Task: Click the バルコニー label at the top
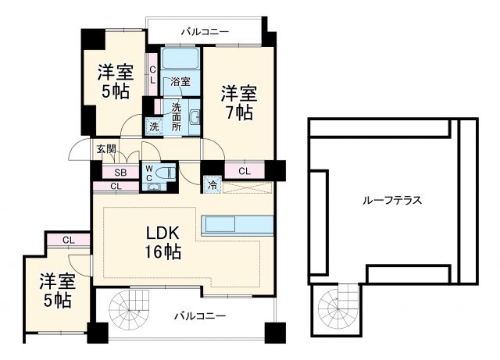205,32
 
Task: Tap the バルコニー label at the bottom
199,315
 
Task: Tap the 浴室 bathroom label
180,80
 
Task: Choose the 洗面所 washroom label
176,116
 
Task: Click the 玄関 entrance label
105,148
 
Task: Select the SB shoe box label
121,173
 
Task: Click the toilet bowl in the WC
166,173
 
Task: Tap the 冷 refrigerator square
212,185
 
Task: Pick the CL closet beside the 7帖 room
244,171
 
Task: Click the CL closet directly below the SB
116,186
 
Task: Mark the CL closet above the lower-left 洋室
67,240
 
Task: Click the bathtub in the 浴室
181,61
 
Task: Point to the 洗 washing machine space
153,126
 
